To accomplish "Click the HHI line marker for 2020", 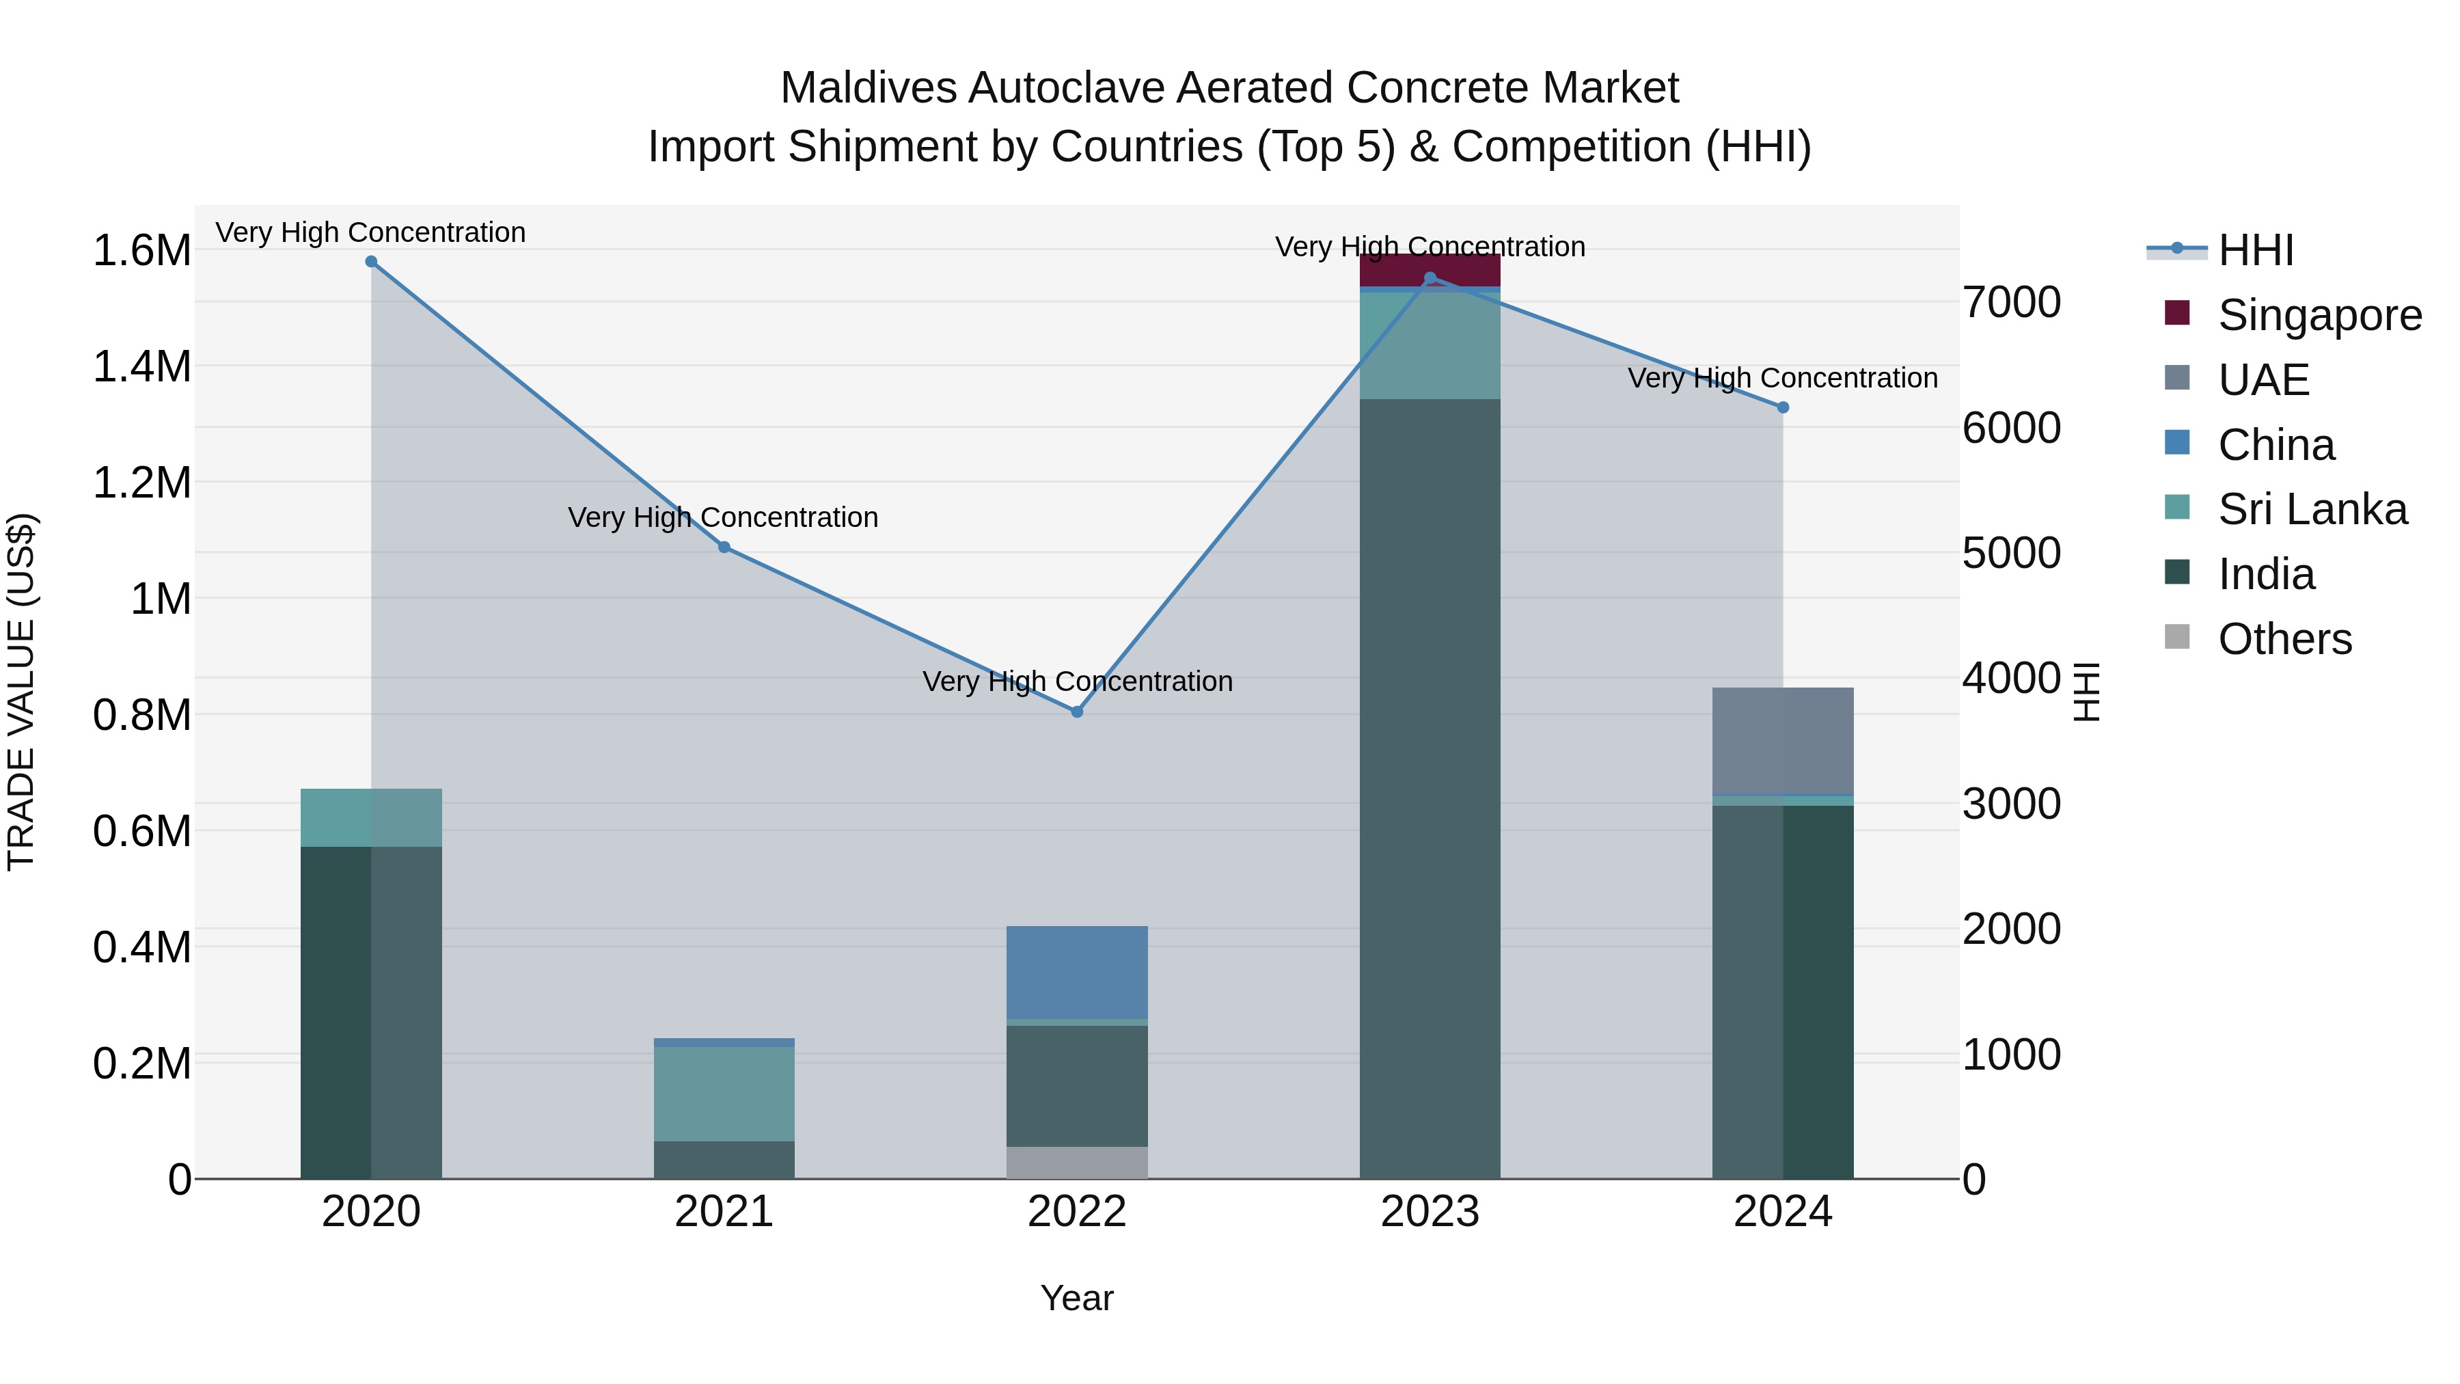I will (372, 262).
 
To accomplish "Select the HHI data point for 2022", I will (1077, 711).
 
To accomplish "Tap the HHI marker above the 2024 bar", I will (1783, 408).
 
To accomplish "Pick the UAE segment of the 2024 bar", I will (1783, 740).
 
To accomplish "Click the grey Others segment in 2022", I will (1077, 1163).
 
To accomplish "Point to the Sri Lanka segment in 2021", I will (724, 1094).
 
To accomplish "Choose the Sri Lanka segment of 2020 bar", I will (372, 817).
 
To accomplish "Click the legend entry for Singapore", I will (2319, 315).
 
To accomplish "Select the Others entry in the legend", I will (2284, 639).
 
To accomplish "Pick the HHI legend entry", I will (2255, 250).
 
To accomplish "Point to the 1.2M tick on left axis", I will (141, 483).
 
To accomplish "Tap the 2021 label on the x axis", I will (724, 1212).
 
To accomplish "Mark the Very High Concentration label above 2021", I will (723, 517).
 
